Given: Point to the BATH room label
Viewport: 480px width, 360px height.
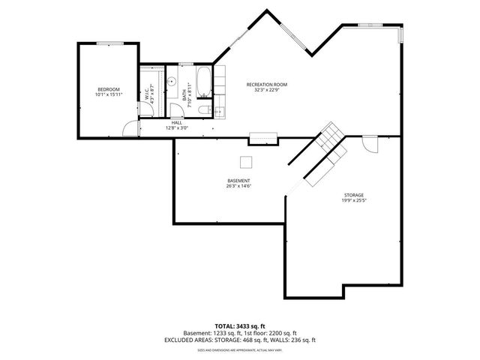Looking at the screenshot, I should [184, 95].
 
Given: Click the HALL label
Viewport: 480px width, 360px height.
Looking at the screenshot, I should [177, 122].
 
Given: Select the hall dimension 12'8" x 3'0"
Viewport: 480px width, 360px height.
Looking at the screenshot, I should [177, 128].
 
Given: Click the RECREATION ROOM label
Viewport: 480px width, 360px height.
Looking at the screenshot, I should [267, 84].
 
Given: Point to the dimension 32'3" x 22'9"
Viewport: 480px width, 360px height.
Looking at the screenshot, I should [267, 90].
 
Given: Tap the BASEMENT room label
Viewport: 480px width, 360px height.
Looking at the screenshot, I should [239, 181].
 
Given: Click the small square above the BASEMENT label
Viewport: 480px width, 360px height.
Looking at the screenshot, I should [246, 161].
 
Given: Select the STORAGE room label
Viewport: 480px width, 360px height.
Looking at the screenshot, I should [355, 195].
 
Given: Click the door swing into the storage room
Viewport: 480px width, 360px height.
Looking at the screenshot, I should [369, 144].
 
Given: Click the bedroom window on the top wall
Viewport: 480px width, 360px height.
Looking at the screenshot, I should [109, 43].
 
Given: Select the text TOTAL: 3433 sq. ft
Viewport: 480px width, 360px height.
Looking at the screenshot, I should [240, 326].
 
